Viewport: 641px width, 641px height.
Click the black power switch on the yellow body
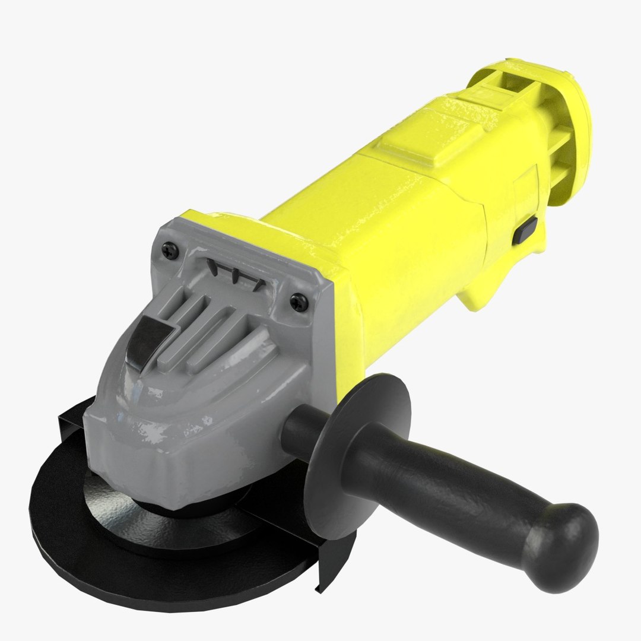click(525, 230)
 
